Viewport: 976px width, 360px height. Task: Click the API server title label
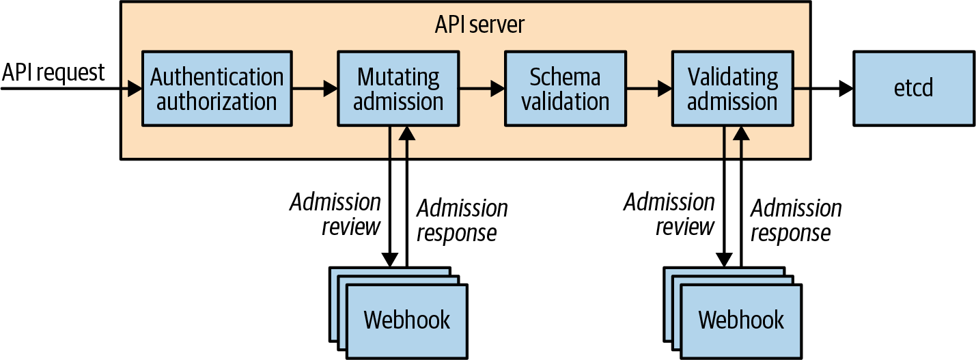coord(479,25)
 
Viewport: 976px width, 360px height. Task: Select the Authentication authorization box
coord(217,88)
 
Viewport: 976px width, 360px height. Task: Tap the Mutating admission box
coord(398,88)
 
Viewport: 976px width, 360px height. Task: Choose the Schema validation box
coord(565,88)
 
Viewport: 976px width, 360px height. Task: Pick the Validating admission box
coord(731,88)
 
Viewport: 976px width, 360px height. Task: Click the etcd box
coord(913,88)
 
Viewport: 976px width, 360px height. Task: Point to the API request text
coord(53,72)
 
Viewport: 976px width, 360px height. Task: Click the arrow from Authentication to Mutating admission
coord(314,88)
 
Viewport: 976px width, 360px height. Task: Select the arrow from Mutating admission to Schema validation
coord(481,88)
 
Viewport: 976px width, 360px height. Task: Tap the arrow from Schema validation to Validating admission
coord(648,88)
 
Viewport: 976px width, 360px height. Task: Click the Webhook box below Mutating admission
coord(407,319)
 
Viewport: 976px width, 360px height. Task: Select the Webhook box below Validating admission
coord(741,319)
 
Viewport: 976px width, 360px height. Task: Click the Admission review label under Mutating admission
coord(336,214)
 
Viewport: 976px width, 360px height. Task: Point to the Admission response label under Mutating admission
coord(462,220)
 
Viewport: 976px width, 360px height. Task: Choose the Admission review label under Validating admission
coord(669,214)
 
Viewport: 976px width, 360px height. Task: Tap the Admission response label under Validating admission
coord(796,220)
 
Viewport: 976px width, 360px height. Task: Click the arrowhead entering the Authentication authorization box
coord(135,88)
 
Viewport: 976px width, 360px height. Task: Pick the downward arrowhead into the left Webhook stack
coord(389,260)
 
